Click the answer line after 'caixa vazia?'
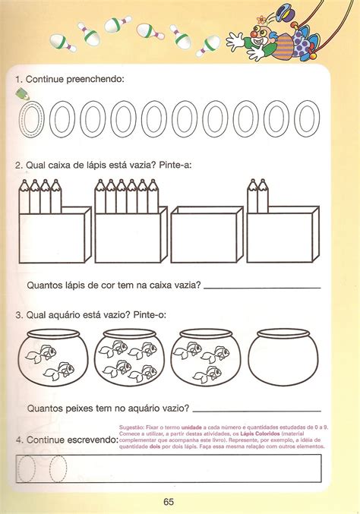262,286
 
